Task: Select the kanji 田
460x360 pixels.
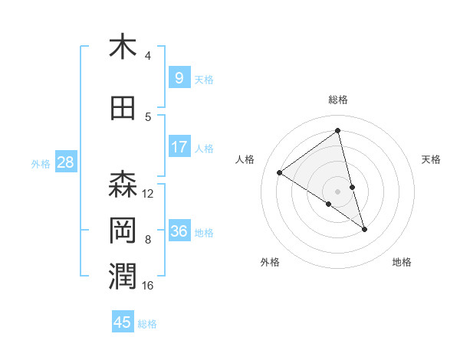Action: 123,108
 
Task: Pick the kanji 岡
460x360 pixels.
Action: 123,231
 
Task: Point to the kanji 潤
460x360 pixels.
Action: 123,277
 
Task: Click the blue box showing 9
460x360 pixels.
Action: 179,77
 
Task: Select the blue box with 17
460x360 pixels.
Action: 179,147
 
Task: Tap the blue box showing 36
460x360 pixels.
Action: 179,231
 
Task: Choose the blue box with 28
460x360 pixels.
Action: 64,162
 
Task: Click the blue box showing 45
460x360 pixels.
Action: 123,322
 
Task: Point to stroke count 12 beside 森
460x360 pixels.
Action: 148,193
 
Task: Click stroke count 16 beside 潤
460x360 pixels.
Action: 148,286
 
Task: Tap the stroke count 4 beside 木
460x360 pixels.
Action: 148,56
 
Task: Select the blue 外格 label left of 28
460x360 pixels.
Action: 41,163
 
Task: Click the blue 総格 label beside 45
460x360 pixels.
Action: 147,323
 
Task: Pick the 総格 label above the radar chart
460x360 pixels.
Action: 337,100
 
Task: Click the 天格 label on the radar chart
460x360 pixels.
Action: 431,159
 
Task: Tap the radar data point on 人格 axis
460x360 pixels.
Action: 279,172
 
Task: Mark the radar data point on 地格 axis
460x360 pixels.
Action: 364,229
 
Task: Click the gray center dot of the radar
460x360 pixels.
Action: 337,191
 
